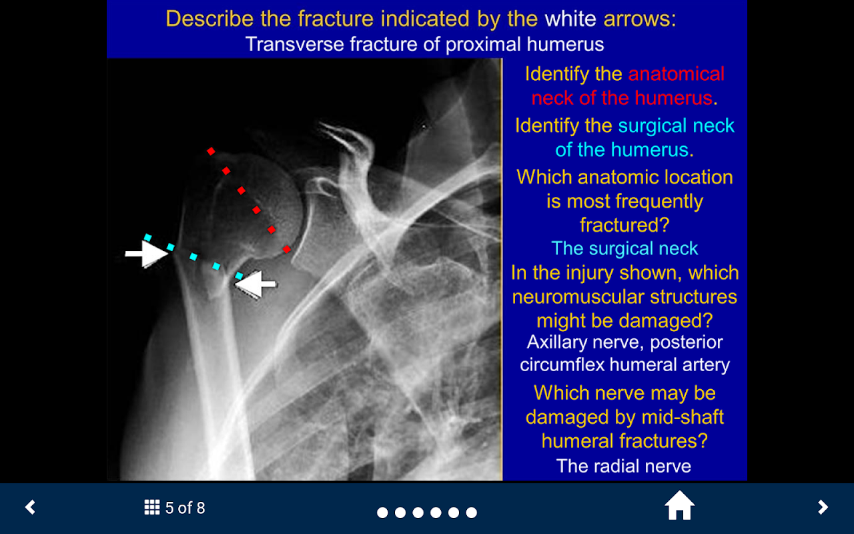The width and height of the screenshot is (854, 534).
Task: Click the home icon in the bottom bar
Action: [x=679, y=505]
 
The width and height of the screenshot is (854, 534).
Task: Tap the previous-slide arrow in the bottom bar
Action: [x=30, y=507]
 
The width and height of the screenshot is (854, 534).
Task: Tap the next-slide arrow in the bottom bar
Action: [x=823, y=507]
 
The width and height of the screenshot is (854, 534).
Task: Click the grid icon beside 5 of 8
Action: [x=151, y=507]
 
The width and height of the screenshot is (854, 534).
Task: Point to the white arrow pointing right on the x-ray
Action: [x=147, y=254]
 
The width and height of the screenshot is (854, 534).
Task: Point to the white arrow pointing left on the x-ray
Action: [x=256, y=284]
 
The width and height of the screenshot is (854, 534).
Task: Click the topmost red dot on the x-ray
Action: [x=211, y=152]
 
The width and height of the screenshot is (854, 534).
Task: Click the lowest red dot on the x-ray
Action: [x=287, y=250]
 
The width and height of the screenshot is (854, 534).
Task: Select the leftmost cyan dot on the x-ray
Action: [x=147, y=238]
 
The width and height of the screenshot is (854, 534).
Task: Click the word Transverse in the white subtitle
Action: [x=295, y=44]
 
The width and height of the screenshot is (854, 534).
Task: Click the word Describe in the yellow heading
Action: [x=209, y=19]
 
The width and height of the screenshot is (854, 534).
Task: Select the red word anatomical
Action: [x=676, y=74]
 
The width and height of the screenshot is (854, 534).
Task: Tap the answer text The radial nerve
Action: [x=624, y=466]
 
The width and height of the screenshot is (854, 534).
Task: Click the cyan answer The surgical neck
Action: [x=624, y=249]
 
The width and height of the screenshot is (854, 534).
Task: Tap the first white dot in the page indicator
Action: [x=382, y=512]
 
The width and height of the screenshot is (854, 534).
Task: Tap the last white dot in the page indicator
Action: [x=471, y=512]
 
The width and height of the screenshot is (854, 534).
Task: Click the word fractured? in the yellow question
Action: [x=624, y=225]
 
